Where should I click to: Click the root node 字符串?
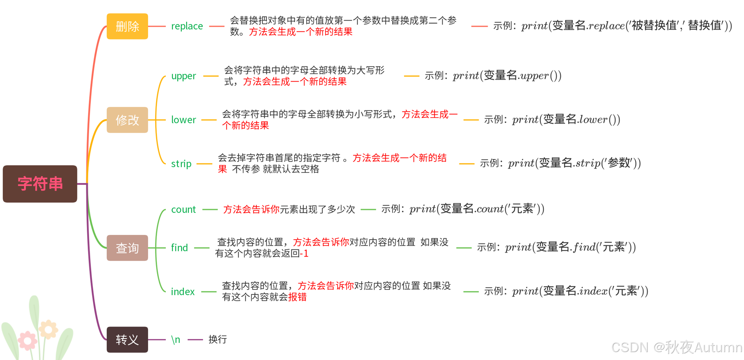pos(40,184)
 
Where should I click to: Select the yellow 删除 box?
pos(127,26)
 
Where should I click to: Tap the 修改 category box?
pos(127,120)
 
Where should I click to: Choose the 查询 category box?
pos(127,248)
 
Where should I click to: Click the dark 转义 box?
pos(127,340)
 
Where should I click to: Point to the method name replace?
pos(187,26)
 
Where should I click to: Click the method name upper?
pos(183,76)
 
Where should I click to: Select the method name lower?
pos(183,120)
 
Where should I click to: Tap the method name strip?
pos(181,164)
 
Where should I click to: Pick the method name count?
pos(183,209)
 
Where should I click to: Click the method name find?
pos(179,248)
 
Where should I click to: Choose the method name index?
pos(183,292)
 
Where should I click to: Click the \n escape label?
pos(176,340)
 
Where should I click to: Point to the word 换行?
pos(218,340)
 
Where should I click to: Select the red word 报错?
pos(297,297)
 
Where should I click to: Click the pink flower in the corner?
pos(27,340)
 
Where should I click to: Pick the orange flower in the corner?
pos(48,330)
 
